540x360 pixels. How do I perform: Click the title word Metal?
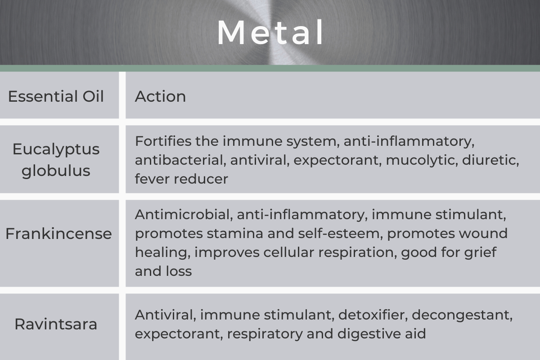270,32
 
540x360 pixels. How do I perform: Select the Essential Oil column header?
56,96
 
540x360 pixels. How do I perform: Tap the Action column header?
160,96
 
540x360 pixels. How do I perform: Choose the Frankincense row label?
58,234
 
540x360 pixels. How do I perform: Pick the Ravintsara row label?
56,324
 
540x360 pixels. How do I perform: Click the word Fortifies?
163,141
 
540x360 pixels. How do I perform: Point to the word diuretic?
490,160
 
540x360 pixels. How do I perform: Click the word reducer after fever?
201,179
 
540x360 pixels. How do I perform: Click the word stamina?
235,234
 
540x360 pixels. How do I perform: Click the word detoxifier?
373,315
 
